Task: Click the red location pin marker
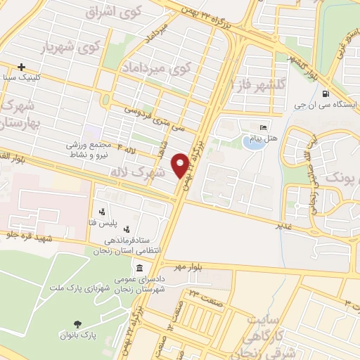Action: tap(181, 164)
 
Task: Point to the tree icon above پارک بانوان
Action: tap(77, 323)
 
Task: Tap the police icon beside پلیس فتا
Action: tap(103, 210)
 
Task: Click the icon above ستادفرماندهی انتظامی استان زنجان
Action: tap(127, 229)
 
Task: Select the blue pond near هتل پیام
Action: tap(252, 143)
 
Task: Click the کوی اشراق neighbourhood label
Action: tap(112, 12)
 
